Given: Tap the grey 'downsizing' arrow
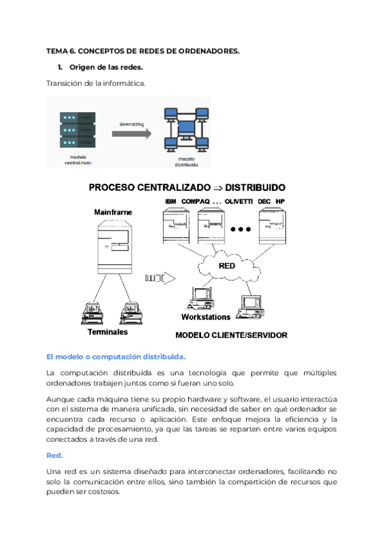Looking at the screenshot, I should click(x=131, y=133).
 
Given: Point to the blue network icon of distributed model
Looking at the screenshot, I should click(x=185, y=130).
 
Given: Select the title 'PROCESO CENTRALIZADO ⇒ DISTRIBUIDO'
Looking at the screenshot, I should click(x=187, y=188).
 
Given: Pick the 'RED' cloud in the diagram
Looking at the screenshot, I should click(x=227, y=265).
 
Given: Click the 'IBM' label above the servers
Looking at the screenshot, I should click(x=170, y=202).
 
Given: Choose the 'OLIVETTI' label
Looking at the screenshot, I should click(x=238, y=202).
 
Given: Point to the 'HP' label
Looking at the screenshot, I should click(x=280, y=202).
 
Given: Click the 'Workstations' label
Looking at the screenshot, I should click(x=205, y=317).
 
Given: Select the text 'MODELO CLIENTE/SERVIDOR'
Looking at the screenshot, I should click(x=231, y=335).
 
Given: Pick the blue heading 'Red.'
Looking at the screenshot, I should click(x=54, y=455).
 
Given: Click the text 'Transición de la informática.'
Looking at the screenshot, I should click(x=96, y=83).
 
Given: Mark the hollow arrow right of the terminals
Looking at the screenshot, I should click(x=160, y=278).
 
